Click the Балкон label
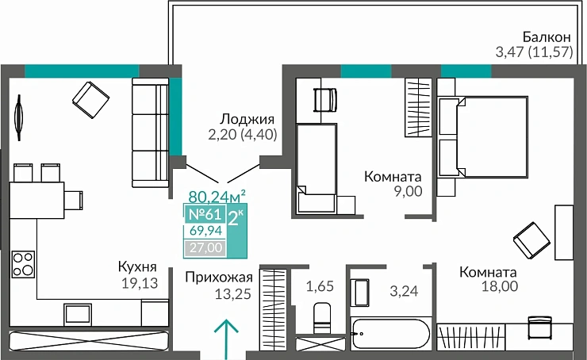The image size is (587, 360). (547, 37)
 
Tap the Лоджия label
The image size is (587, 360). (241, 119)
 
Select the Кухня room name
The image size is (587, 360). (136, 267)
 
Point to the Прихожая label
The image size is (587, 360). (219, 277)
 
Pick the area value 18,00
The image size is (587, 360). (500, 287)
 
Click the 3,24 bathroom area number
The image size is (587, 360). (404, 290)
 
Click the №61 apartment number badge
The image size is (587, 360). (204, 214)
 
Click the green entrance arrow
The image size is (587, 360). (227, 337)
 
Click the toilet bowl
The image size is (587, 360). (322, 316)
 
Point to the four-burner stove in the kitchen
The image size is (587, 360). (24, 263)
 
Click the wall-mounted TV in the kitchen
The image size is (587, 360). (17, 116)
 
